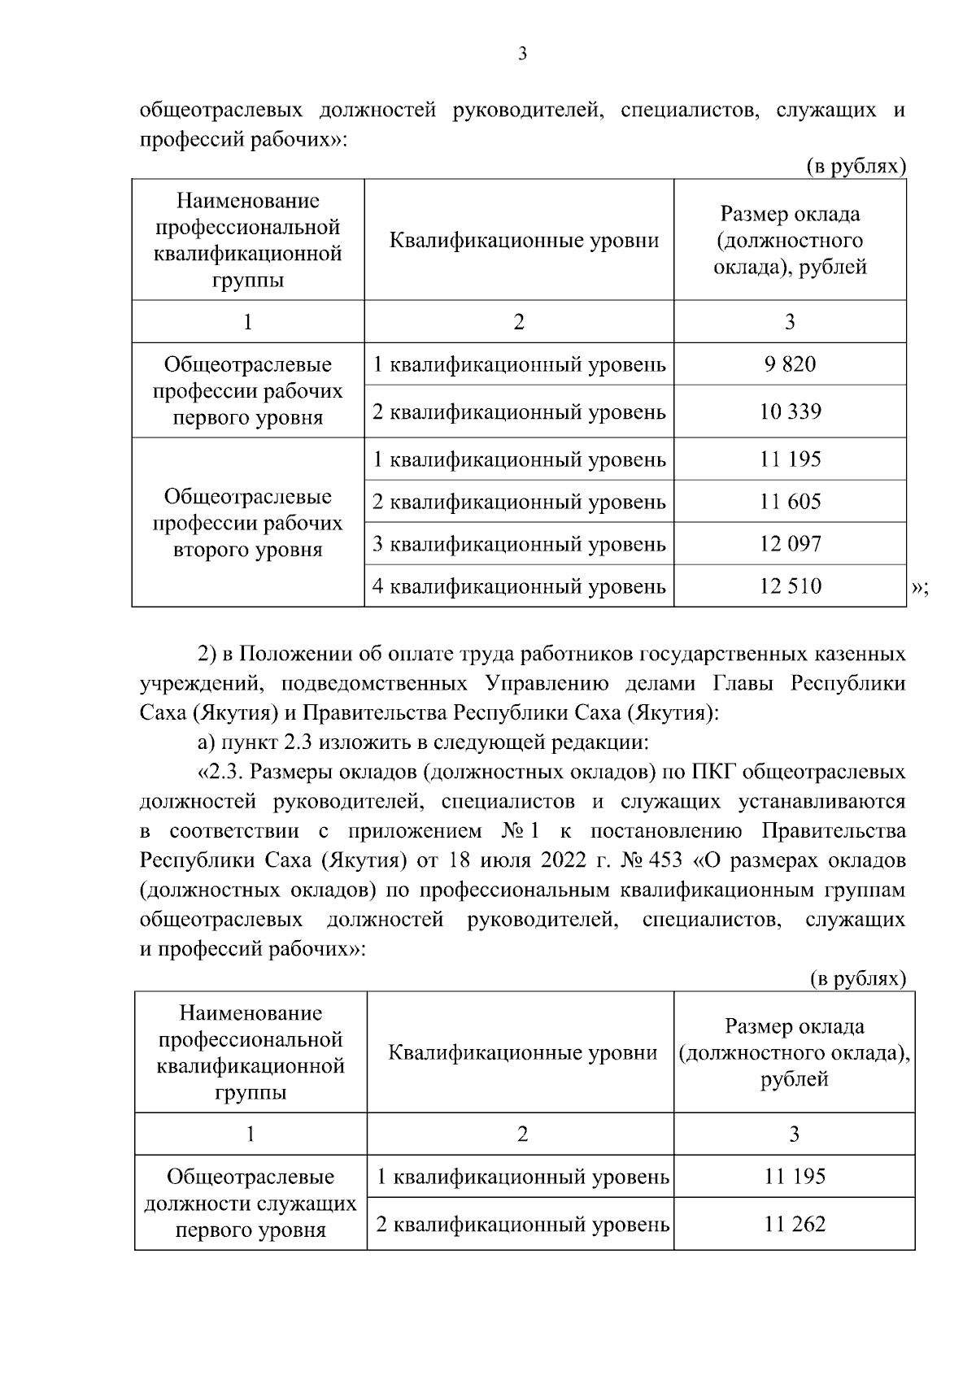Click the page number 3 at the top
[522, 54]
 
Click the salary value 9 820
[790, 364]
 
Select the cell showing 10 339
[790, 411]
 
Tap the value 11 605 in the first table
[790, 502]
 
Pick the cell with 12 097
[790, 543]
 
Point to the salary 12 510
[790, 586]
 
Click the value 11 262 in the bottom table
[795, 1223]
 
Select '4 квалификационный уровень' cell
[519, 586]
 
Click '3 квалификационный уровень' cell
[519, 543]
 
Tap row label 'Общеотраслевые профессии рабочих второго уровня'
[248, 523]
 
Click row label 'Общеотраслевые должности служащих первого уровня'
[251, 1203]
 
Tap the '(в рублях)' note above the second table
[857, 978]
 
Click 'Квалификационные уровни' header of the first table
[524, 241]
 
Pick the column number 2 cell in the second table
[521, 1134]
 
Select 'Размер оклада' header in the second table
[795, 1026]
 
